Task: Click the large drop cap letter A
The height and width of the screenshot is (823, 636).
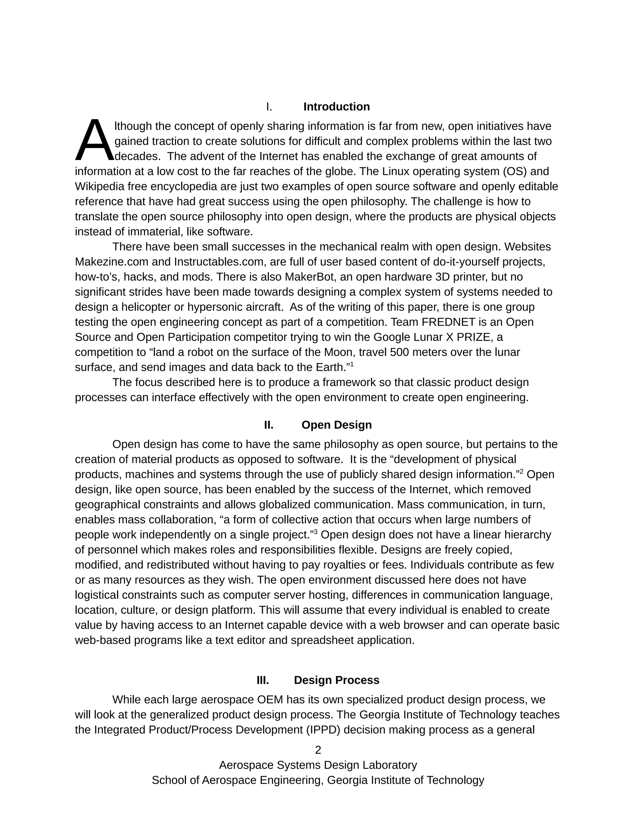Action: [x=94, y=140]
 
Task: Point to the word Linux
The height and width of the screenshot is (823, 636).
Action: [x=396, y=171]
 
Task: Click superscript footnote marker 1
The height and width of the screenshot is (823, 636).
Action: [x=352, y=364]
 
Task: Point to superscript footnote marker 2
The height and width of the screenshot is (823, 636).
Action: [x=521, y=471]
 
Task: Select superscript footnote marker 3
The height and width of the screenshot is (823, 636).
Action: [x=316, y=532]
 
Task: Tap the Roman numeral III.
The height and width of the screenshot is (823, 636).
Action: [x=263, y=680]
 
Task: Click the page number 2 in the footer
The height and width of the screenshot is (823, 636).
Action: [x=318, y=750]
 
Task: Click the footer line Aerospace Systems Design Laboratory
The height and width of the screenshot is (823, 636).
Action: [x=318, y=765]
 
